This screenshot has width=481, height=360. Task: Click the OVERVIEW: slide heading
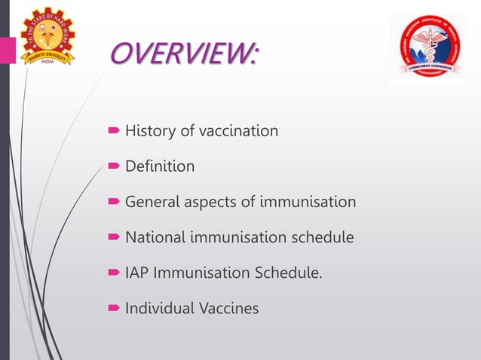[x=183, y=54]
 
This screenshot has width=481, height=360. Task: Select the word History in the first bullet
[x=150, y=131]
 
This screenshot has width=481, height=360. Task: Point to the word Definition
[x=160, y=166]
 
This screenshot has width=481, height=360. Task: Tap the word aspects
[x=210, y=203]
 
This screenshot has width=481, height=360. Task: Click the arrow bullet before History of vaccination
[x=115, y=132]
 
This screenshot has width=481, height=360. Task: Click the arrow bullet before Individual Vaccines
[x=115, y=309]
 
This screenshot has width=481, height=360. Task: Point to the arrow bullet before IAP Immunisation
[x=115, y=273]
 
